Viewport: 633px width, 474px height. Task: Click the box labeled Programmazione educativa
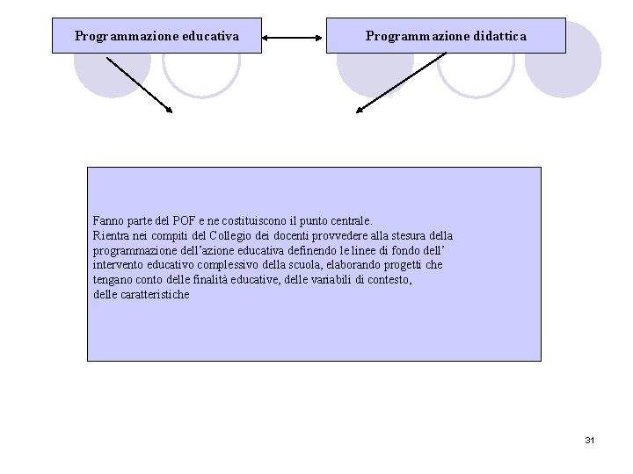[x=156, y=36]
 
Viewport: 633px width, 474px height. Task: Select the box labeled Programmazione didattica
[x=446, y=36]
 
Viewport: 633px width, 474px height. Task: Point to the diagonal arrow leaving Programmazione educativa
[x=139, y=85]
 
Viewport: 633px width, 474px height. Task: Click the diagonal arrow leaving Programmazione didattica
[x=401, y=83]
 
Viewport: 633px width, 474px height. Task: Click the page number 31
[x=589, y=439]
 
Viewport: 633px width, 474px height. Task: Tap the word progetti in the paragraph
[x=401, y=265]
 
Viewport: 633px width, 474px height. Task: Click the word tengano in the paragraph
[x=113, y=279]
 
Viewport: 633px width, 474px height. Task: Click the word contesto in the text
[x=391, y=279]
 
